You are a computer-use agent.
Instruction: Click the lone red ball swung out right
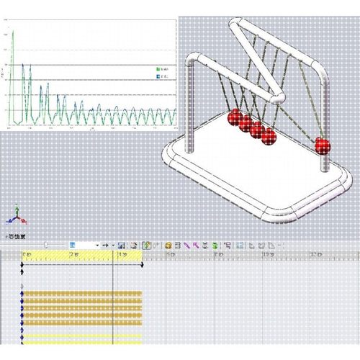click(x=322, y=145)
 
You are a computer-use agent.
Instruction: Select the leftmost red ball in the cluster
click(x=234, y=118)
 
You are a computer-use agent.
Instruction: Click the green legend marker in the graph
click(x=157, y=69)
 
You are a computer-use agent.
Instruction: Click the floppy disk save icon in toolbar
click(x=122, y=246)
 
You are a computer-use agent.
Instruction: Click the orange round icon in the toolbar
click(x=167, y=246)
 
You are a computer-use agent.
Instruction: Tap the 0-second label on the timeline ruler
click(x=28, y=255)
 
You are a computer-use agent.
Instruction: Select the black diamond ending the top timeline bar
click(x=142, y=266)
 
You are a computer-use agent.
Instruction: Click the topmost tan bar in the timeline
click(x=83, y=294)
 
